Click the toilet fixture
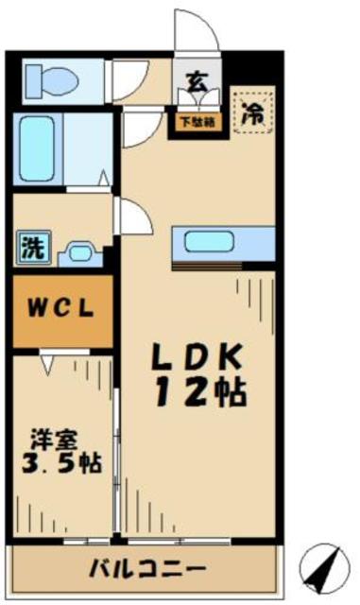point(47,77)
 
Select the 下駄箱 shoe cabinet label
point(196,120)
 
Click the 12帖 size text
point(199,391)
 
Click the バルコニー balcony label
point(146,569)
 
